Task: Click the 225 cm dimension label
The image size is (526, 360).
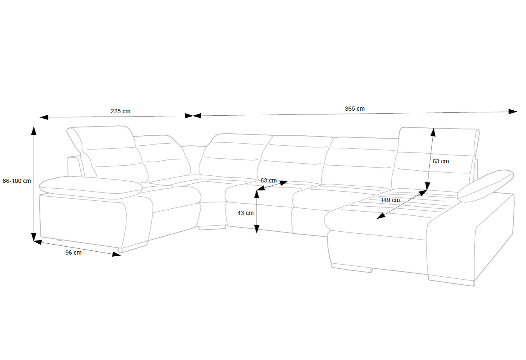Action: click(120, 111)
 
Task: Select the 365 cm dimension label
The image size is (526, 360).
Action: click(355, 109)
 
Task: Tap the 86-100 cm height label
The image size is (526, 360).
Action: click(17, 181)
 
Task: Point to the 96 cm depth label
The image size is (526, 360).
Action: click(73, 253)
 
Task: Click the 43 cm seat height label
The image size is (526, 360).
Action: click(245, 213)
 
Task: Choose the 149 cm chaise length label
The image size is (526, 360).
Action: click(390, 200)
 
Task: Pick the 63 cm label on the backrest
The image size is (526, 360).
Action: click(441, 161)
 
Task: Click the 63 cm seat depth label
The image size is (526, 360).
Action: click(269, 181)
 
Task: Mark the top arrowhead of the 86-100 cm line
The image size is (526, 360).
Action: click(34, 130)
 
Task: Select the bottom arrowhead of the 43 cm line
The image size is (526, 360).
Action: click(257, 229)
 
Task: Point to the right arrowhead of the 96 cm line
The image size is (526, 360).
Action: click(116, 254)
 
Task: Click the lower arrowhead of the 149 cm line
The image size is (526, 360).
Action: click(381, 216)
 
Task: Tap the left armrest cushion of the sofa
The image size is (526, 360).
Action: click(91, 188)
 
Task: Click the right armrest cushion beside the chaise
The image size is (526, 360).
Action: click(485, 186)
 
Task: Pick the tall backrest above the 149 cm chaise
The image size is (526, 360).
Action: click(436, 158)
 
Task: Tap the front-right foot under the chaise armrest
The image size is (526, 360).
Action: click(451, 281)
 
